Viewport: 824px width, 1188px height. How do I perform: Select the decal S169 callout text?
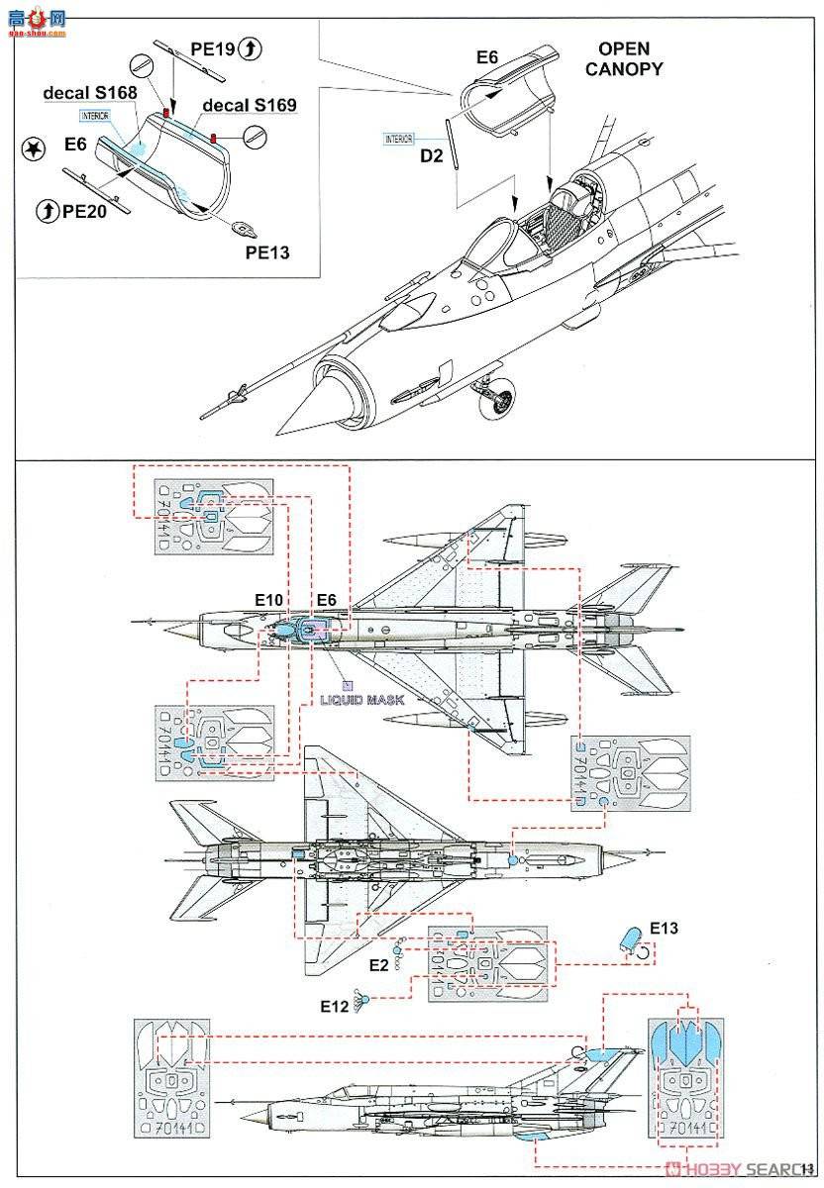pyautogui.click(x=250, y=103)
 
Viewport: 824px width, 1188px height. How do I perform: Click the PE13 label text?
pyautogui.click(x=267, y=251)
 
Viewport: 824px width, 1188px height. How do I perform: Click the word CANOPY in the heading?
pyautogui.click(x=624, y=68)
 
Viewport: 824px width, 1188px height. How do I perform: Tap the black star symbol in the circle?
pyautogui.click(x=33, y=148)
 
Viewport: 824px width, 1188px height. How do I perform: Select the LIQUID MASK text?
pyautogui.click(x=362, y=698)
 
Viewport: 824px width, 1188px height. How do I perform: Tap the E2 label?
pyautogui.click(x=378, y=964)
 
